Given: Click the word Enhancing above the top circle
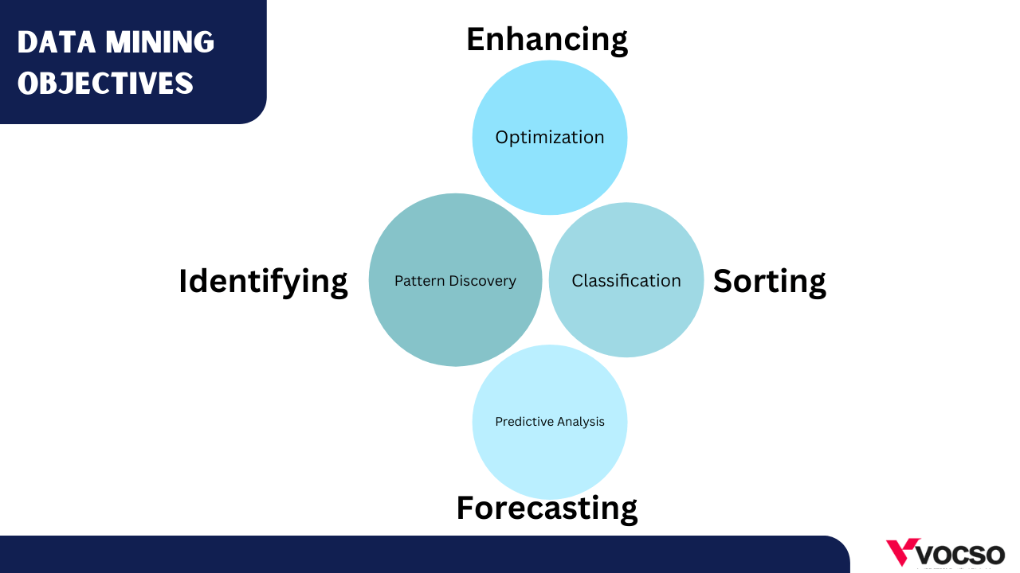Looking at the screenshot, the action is click(x=547, y=40).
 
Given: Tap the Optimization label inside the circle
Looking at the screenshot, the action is click(x=550, y=138).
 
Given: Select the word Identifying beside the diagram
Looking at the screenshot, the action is click(x=263, y=283).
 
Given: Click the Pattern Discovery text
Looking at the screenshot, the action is click(x=455, y=281).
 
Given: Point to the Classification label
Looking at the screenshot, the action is click(x=626, y=281).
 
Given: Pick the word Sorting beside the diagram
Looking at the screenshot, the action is click(x=770, y=282).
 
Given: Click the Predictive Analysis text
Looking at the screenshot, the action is click(x=550, y=422).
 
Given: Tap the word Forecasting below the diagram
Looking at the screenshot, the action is click(x=547, y=509).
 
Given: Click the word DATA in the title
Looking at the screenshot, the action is click(x=57, y=42).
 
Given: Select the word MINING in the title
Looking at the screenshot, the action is click(x=160, y=42).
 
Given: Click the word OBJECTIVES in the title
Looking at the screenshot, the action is click(x=106, y=84).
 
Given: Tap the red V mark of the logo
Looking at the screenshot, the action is click(x=902, y=552).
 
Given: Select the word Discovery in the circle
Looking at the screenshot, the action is click(x=483, y=281).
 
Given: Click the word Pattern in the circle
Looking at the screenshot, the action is click(x=419, y=281).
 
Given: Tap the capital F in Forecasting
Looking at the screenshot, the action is click(x=467, y=508).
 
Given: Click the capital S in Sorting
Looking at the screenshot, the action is click(x=724, y=281).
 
